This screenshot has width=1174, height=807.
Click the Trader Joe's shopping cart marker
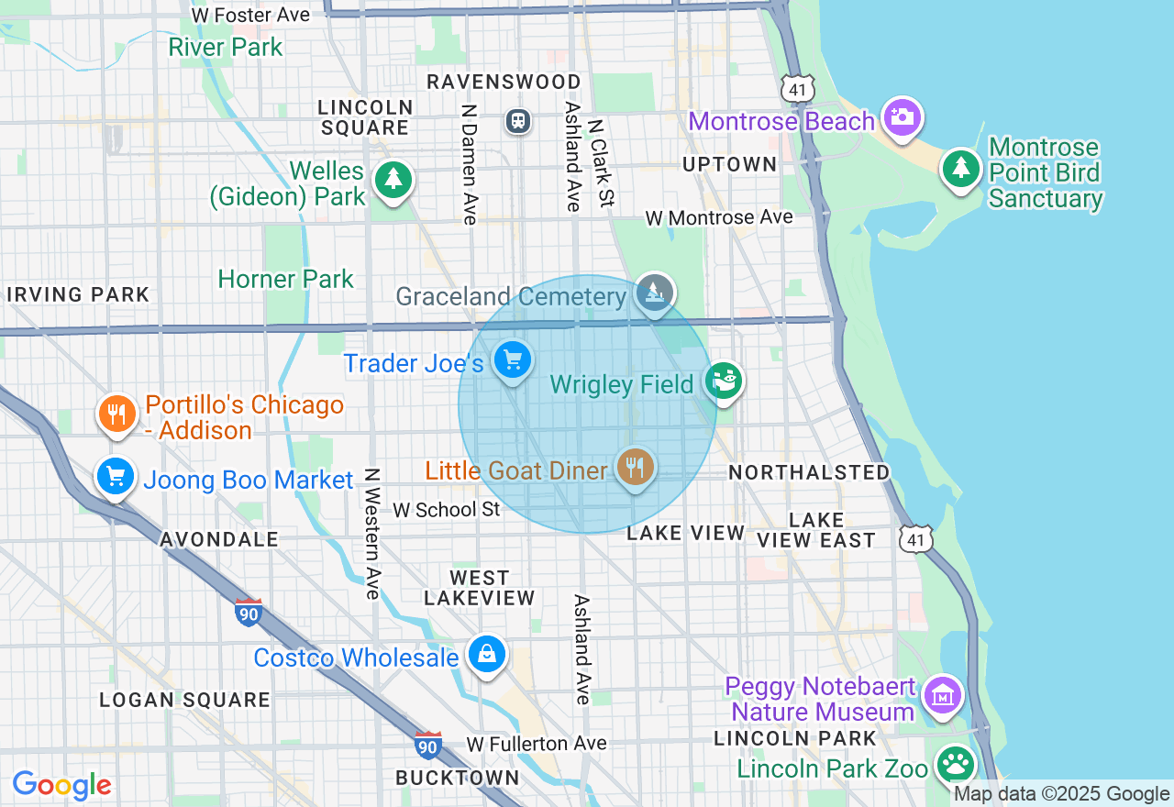tap(512, 360)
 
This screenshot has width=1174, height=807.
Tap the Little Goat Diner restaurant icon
tap(634, 468)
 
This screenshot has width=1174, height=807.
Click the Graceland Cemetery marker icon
tap(654, 293)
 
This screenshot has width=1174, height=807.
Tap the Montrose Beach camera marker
tap(903, 117)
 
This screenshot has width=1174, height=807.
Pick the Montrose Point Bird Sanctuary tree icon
tap(960, 169)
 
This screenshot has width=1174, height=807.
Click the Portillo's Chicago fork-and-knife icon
tap(116, 415)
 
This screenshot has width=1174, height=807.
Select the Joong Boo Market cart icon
tap(116, 477)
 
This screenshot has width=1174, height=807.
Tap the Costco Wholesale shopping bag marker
tap(487, 655)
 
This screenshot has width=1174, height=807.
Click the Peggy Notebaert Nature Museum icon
tap(943, 696)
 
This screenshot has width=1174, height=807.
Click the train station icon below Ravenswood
tap(518, 120)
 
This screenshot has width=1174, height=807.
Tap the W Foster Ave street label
tap(250, 15)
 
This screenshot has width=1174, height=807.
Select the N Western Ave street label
tap(371, 534)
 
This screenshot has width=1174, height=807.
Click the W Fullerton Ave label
tap(537, 743)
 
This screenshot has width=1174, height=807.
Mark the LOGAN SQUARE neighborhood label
tap(185, 700)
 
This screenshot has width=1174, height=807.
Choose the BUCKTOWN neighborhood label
tap(458, 778)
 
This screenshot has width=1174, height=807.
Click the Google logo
tap(61, 786)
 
